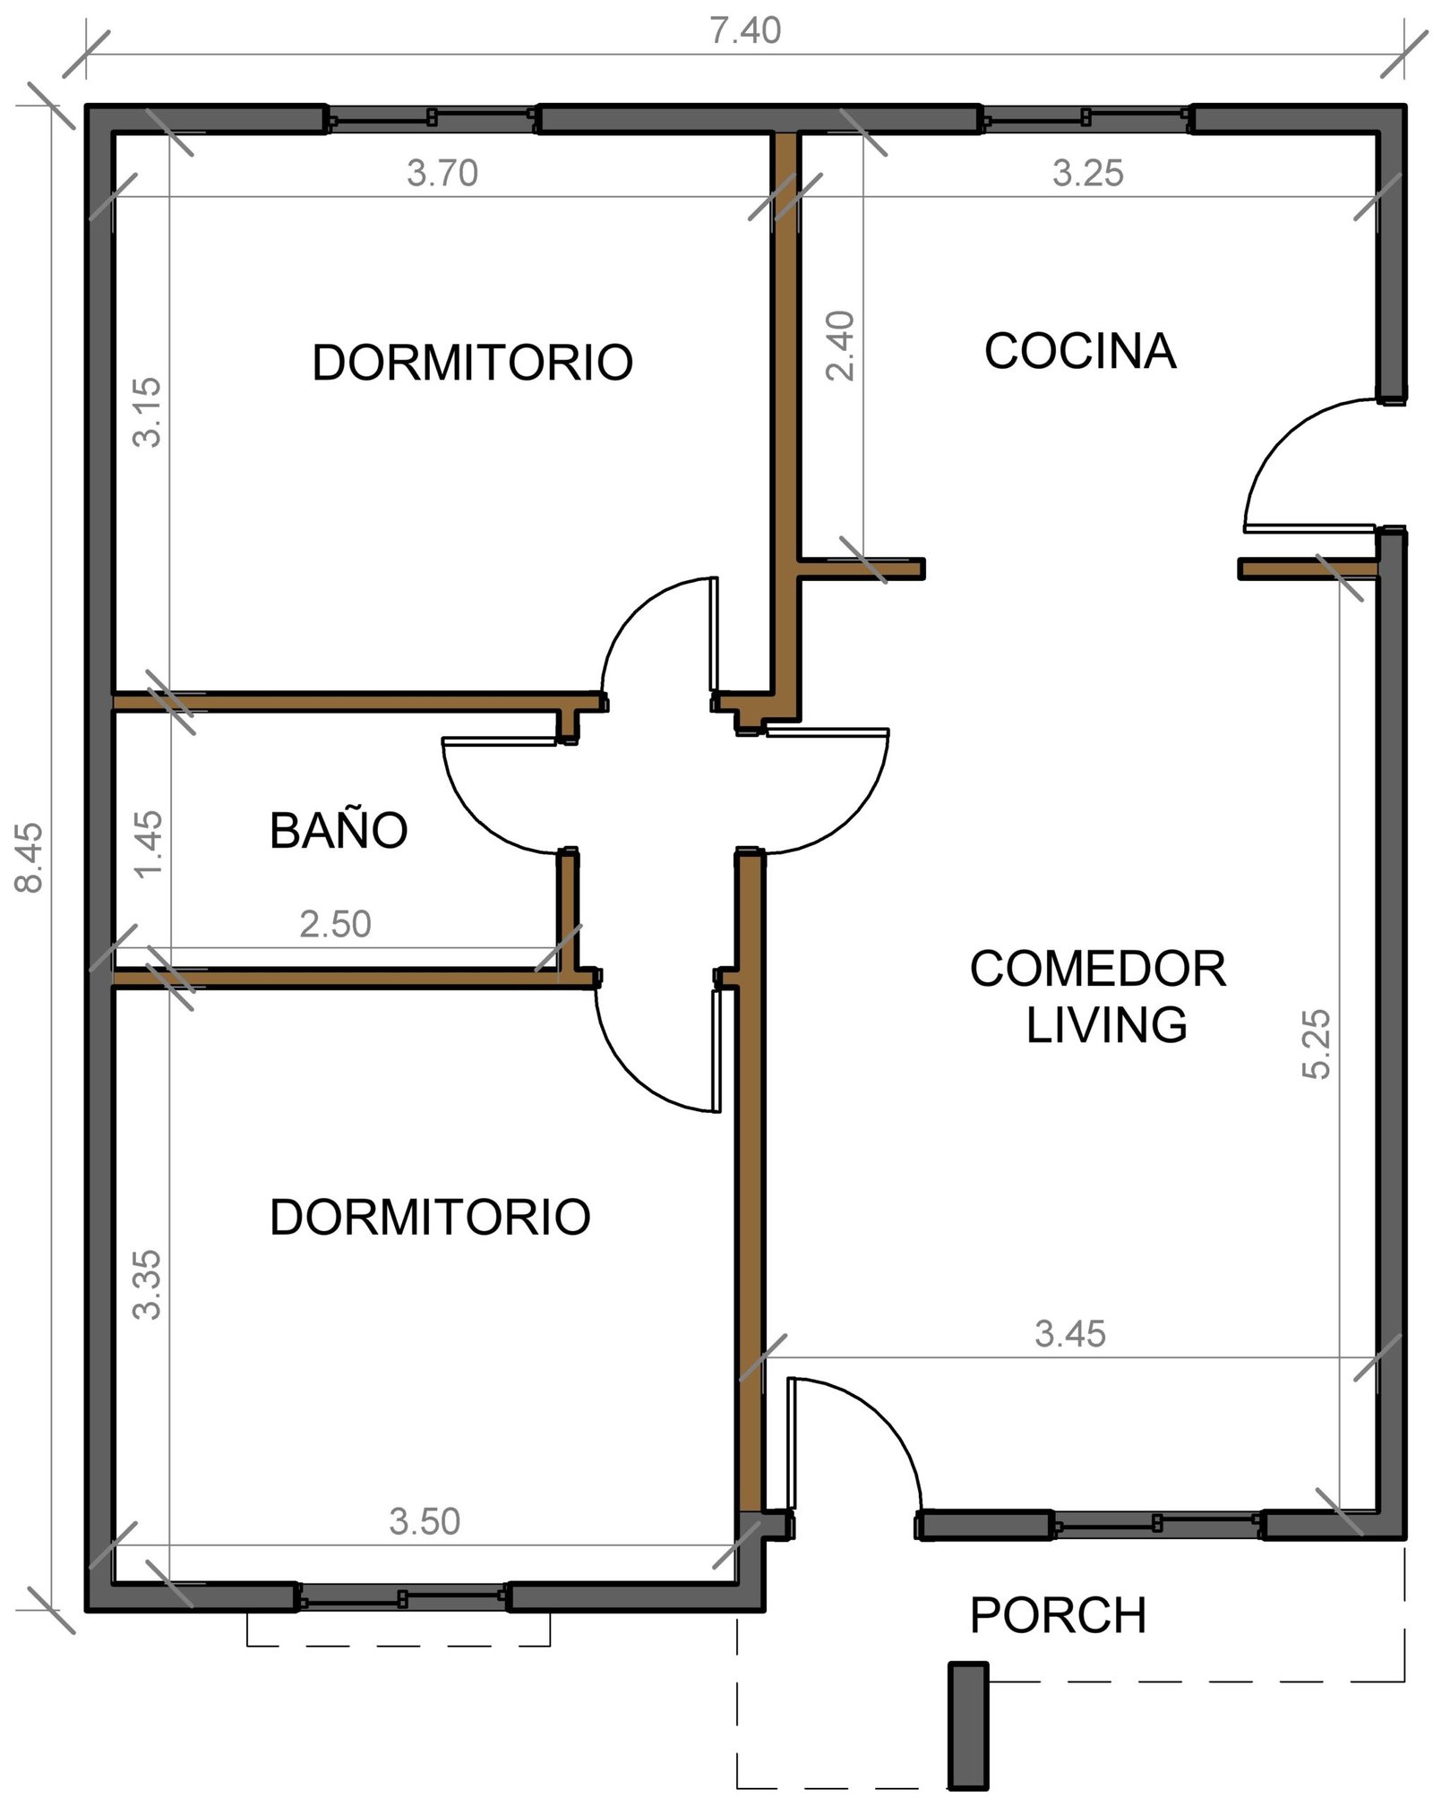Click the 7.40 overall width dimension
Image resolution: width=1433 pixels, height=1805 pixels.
(745, 31)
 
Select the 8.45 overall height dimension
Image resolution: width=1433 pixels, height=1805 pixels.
(29, 858)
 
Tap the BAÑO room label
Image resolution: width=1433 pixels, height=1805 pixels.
(339, 830)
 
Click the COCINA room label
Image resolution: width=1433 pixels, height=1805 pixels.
(1079, 351)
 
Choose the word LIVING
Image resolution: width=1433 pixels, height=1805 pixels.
(1106, 1025)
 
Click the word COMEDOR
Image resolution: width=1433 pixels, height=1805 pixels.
(1098, 969)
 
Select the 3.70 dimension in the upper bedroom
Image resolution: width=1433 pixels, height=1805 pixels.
(442, 173)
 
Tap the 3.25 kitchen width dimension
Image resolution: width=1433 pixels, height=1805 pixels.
(1087, 173)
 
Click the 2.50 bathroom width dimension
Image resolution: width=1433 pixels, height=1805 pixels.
(335, 924)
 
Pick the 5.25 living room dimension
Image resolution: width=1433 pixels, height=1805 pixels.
(1317, 1044)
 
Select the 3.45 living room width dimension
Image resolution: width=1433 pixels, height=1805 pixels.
(1070, 1334)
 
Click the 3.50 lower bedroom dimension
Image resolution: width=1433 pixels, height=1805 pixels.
(425, 1521)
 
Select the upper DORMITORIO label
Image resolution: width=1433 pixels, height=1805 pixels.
(473, 363)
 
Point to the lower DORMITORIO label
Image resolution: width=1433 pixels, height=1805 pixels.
(430, 1218)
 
